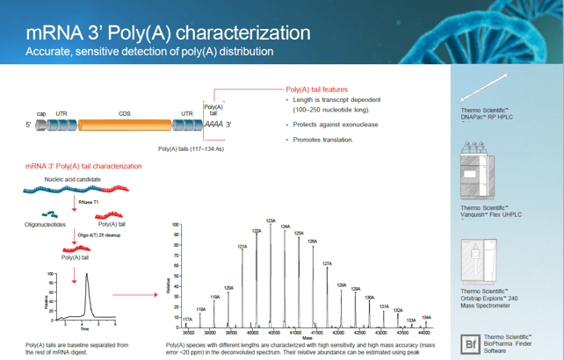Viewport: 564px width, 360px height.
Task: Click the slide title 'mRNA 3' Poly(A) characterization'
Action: pyautogui.click(x=168, y=33)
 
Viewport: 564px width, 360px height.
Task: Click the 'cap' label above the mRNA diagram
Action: pyautogui.click(x=41, y=114)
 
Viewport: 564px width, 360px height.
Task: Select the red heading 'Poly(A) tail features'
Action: pyautogui.click(x=317, y=90)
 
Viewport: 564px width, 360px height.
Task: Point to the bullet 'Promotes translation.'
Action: pyautogui.click(x=323, y=140)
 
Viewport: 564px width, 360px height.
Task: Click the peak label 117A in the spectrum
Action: pyautogui.click(x=186, y=320)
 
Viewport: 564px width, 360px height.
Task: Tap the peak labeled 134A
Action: pyautogui.click(x=426, y=317)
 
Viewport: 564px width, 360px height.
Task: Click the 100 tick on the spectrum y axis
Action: pyautogui.click(x=176, y=226)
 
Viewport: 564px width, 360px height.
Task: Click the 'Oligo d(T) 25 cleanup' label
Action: pyautogui.click(x=97, y=236)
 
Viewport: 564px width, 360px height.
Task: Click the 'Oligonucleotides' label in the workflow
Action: pyautogui.click(x=45, y=225)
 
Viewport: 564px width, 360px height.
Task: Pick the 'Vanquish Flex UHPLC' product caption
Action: pyautogui.click(x=492, y=212)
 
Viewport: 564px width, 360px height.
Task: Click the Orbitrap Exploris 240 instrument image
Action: pyautogui.click(x=476, y=261)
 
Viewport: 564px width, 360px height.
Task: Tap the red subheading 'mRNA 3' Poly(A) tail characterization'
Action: pyautogui.click(x=83, y=166)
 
